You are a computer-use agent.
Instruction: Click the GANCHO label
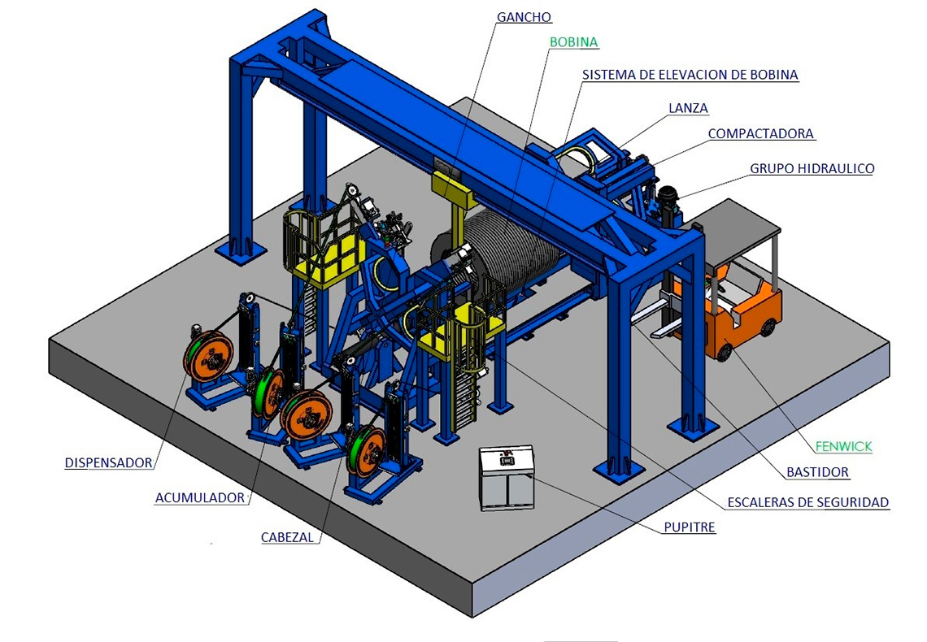(524, 17)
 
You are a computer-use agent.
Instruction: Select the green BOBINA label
(573, 42)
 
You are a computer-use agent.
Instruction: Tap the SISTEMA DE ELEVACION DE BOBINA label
(690, 75)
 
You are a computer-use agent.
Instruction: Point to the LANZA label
(688, 108)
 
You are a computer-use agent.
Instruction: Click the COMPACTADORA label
(761, 133)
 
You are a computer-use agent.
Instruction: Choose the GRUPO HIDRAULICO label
(812, 168)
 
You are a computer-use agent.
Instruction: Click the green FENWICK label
(843, 446)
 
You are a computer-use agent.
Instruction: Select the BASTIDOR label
(817, 472)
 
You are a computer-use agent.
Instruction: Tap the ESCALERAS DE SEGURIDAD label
(807, 502)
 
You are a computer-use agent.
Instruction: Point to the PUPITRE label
(690, 527)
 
